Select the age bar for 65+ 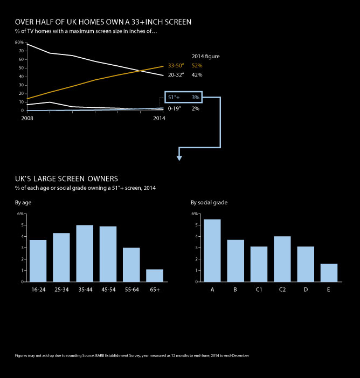click(x=155, y=275)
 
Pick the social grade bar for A click(x=212, y=250)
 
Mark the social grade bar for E click(x=329, y=272)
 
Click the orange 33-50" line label click(x=176, y=66)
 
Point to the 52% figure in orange click(x=197, y=66)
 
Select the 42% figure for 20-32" click(x=197, y=75)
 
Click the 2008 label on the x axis click(x=26, y=118)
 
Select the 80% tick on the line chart click(x=19, y=43)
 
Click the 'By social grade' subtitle click(x=209, y=203)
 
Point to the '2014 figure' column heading click(x=206, y=56)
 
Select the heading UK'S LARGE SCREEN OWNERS click(x=66, y=178)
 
